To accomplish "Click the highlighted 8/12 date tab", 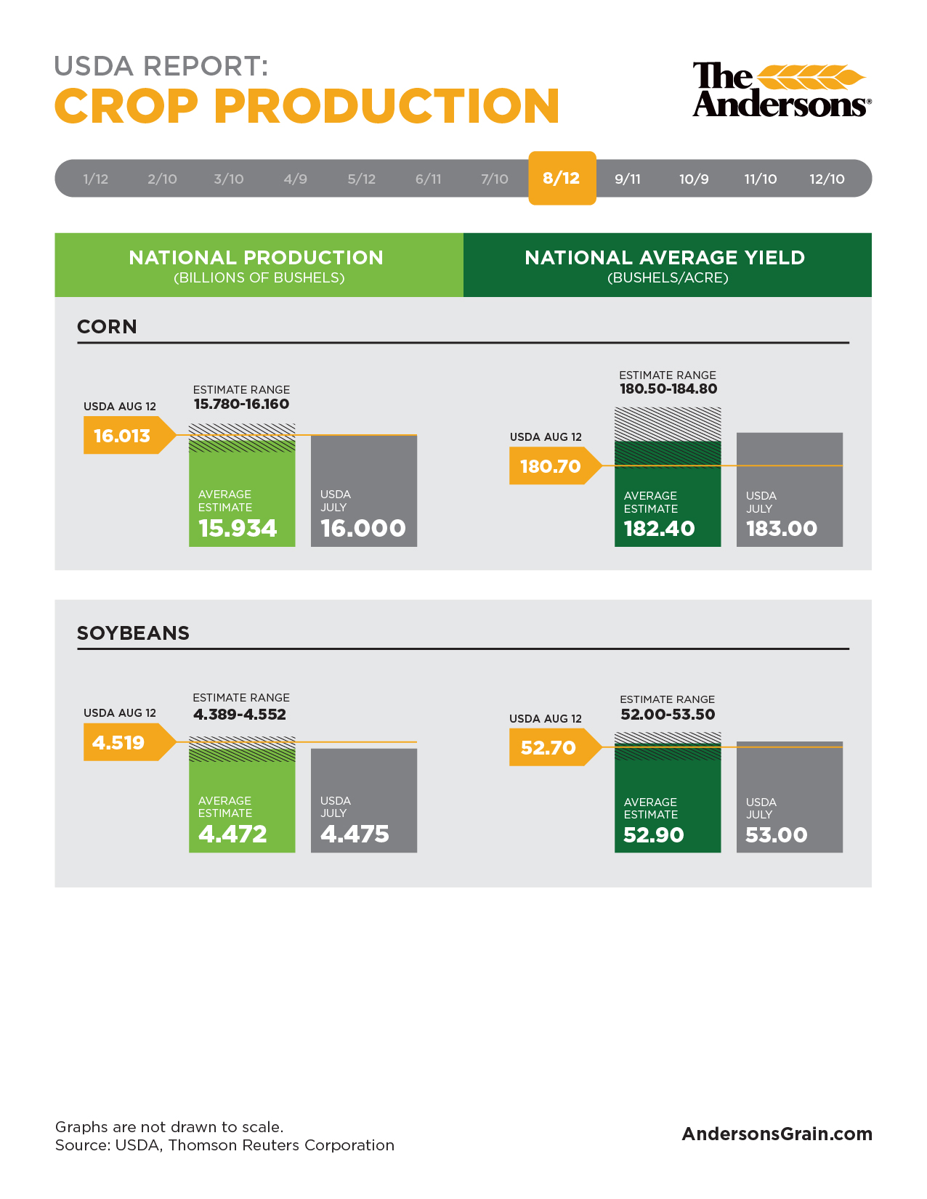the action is coord(562,178).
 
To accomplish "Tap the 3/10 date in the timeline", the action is coord(228,179).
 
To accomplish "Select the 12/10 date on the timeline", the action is coord(827,179).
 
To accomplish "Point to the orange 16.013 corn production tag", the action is coord(129,435).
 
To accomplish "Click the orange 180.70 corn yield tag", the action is coord(555,466).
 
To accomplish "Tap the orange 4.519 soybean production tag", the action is coord(129,742).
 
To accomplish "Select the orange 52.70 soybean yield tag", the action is coord(555,747).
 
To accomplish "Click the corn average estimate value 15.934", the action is coord(238,528).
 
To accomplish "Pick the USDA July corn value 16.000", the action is coord(363,528).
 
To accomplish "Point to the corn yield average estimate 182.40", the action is coord(659,529).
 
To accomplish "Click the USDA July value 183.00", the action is coord(781,529).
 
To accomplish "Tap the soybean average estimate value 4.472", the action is coord(232,834).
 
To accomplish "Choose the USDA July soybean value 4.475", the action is coord(355,834).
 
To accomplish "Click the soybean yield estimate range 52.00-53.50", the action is coord(668,714).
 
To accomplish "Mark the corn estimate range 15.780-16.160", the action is coord(241,404).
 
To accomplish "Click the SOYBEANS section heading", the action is coord(133,633).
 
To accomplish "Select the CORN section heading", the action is coord(107,327).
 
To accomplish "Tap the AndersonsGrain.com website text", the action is coord(777,1134).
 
